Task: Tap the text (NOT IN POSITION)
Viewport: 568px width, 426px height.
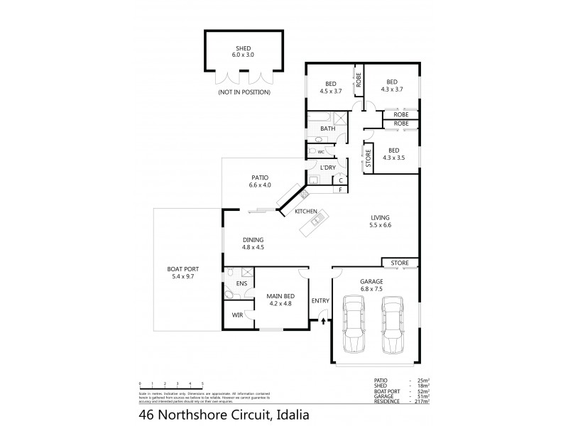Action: click(x=244, y=93)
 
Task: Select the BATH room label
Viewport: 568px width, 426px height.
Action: click(x=327, y=129)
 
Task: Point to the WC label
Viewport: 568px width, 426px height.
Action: click(x=321, y=152)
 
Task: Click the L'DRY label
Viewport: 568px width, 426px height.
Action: click(x=327, y=168)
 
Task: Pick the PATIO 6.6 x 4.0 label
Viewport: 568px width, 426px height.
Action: click(x=260, y=182)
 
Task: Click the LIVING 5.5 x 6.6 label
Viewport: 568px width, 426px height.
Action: click(x=381, y=222)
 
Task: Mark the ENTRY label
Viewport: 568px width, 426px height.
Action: click(x=320, y=300)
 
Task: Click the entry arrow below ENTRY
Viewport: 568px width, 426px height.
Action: click(x=324, y=321)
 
